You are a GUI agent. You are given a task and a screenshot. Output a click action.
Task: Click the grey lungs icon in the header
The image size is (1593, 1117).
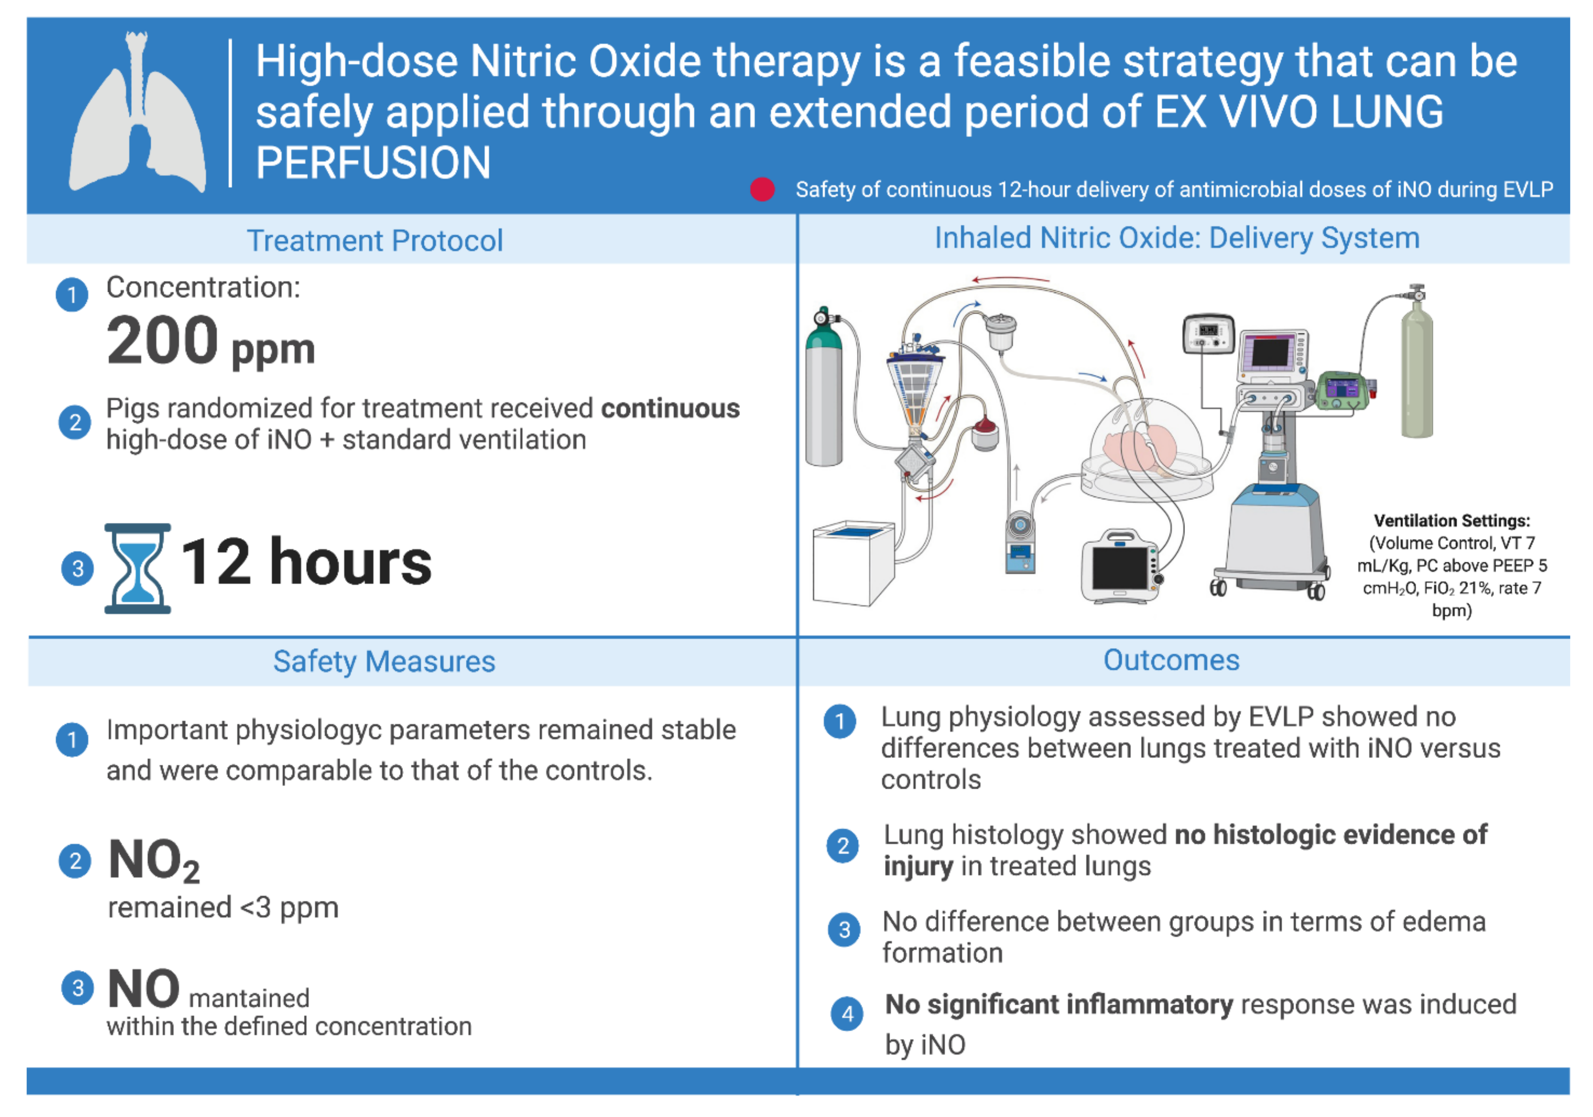pos(137,114)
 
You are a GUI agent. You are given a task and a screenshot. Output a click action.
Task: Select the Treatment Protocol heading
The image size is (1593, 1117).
pos(375,241)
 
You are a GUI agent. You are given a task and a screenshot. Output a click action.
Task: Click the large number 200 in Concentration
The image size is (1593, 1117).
pos(162,341)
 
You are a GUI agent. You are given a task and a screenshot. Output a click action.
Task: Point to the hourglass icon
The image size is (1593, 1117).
pos(137,568)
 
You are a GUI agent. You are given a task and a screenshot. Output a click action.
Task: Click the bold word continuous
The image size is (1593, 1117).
pos(670,408)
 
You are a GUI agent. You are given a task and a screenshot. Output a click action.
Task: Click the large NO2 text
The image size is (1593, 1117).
pos(154,860)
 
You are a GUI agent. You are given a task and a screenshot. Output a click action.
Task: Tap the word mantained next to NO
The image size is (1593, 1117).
pos(249,998)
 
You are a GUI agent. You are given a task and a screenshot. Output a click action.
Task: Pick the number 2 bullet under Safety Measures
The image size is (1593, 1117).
pos(75,861)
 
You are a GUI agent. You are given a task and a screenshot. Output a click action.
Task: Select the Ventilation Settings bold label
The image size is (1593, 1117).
pos(1451,521)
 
